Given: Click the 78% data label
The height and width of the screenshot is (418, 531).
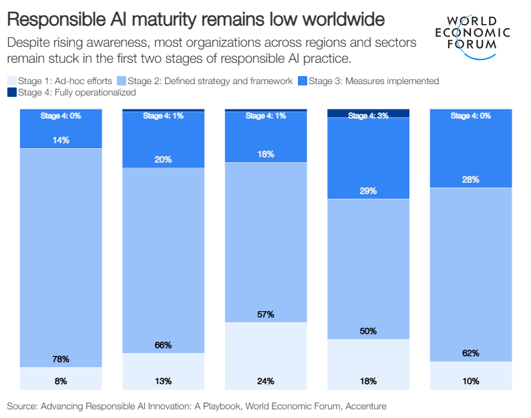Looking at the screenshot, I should (61, 359).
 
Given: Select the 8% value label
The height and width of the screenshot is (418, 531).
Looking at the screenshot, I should (61, 381).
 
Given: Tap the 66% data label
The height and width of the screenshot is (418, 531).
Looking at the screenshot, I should (163, 345).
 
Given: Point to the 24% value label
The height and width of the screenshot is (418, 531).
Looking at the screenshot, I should (265, 381).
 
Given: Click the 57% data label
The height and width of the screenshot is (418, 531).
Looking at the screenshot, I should (265, 314).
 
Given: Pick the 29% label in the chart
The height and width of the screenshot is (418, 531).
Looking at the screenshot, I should (368, 191).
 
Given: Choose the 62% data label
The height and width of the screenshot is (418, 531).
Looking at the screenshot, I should (470, 353).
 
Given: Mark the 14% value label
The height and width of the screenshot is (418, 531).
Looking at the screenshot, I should (61, 140).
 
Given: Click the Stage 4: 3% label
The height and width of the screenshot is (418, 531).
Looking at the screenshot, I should (368, 116).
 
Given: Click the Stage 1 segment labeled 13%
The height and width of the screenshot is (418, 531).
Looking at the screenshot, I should (163, 371).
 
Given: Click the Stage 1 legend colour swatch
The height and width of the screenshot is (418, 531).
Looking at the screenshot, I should (11, 81).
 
